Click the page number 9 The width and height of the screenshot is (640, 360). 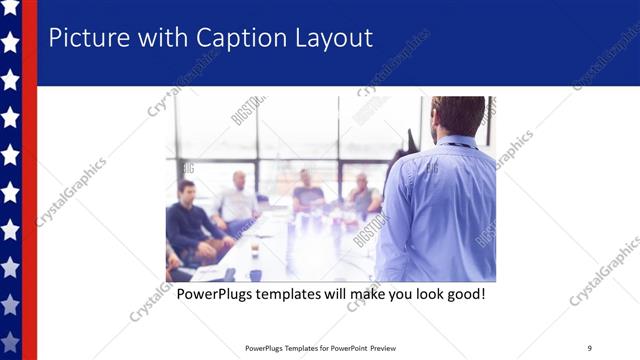point(589,348)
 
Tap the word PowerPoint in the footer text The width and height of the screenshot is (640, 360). point(346,348)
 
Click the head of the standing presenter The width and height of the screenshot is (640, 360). point(458,115)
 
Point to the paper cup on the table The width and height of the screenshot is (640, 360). point(254,247)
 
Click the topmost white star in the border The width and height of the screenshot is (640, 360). point(10,8)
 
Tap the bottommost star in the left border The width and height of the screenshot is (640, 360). point(10,341)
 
